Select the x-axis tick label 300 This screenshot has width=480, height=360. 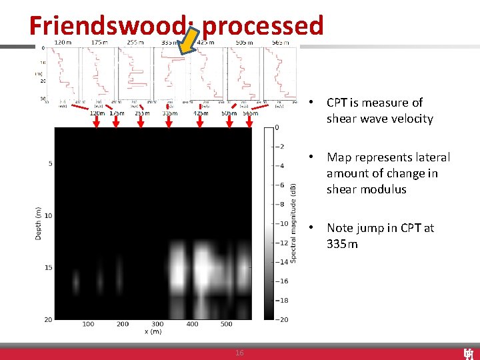click(x=157, y=325)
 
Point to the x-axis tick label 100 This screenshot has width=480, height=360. click(x=88, y=325)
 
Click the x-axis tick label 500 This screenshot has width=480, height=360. click(x=227, y=325)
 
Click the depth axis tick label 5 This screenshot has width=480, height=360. click(x=49, y=163)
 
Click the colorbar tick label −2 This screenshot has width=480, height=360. click(x=282, y=147)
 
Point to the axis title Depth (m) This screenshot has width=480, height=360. click(x=39, y=223)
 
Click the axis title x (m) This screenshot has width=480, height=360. click(x=153, y=332)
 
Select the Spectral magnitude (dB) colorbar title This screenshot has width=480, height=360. click(x=293, y=223)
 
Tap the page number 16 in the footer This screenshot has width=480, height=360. click(x=239, y=353)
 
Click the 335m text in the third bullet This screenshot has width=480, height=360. click(x=342, y=244)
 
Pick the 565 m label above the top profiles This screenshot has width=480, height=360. click(x=281, y=43)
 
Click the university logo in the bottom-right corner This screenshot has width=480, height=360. click(x=469, y=353)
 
